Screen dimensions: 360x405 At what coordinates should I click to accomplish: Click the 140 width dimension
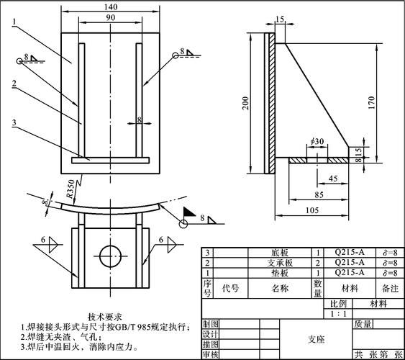click(110, 6)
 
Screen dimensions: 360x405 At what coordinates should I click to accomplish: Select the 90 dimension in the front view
click(110, 17)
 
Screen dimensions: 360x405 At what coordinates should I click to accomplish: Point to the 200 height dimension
click(246, 104)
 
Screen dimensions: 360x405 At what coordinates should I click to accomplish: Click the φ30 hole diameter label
click(317, 141)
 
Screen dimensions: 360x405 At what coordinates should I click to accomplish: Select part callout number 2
click(14, 83)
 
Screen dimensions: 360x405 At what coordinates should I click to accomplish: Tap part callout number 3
click(14, 122)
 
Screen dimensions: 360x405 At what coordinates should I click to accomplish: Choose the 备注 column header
click(390, 287)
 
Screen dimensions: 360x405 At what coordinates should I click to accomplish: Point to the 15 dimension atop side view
click(279, 18)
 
